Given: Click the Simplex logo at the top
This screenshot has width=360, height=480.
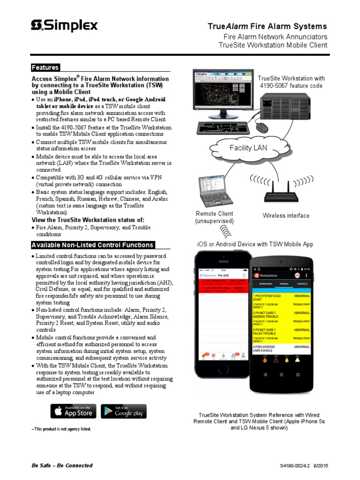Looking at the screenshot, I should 64,25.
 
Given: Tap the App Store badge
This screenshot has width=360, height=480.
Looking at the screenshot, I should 74,411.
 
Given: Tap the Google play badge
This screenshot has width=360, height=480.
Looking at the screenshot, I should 124,411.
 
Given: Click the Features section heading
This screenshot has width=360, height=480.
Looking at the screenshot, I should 45,67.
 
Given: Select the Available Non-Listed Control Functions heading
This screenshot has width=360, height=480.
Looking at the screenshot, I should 92,245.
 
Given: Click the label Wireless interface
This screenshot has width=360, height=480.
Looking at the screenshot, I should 286,216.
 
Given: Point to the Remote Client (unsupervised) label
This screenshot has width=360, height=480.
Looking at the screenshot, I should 214,217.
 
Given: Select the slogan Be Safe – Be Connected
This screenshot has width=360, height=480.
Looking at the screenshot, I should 62,465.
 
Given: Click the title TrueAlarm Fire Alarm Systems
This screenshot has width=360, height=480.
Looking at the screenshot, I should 267,27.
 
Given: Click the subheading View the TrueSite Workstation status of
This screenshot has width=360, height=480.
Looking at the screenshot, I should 88,220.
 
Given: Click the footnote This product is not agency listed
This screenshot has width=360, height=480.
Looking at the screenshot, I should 61,429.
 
